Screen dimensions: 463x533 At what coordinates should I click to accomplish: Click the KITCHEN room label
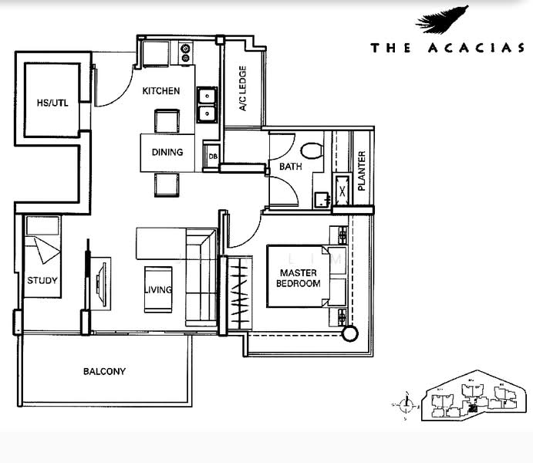pos(161,91)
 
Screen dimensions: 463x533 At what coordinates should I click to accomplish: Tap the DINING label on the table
pos(167,152)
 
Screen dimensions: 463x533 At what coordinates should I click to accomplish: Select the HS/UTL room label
pos(52,103)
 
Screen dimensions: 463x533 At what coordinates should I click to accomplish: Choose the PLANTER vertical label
pos(361,171)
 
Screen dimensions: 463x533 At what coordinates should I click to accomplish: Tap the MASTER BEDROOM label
pos(299,279)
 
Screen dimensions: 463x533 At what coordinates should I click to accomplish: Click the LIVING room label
pos(157,290)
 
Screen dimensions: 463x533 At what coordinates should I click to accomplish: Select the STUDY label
pos(42,281)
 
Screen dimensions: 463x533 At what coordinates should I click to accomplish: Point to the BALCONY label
pos(104,371)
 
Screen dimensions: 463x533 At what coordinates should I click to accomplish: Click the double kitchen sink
pos(206,105)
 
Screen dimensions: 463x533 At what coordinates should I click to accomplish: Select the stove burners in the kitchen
pos(185,52)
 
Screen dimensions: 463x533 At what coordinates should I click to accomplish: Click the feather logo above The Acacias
pos(443,20)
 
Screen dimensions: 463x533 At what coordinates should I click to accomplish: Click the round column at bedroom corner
pos(351,333)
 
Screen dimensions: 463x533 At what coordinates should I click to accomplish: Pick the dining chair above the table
pos(167,121)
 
